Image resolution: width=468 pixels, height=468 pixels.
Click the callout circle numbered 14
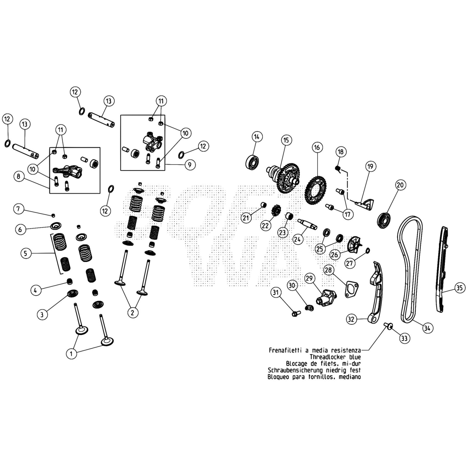(257, 137)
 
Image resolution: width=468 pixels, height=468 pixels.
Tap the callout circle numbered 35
(460, 288)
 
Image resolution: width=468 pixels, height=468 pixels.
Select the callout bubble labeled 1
(71, 354)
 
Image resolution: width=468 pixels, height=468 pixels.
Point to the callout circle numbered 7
(18, 209)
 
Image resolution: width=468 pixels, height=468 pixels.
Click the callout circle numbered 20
(400, 185)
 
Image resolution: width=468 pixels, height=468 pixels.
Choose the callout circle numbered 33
(404, 338)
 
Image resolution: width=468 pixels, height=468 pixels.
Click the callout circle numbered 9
(190, 165)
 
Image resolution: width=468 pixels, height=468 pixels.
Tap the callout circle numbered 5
(26, 253)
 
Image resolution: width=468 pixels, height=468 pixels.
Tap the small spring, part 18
(338, 169)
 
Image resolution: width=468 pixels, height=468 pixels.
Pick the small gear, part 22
(276, 210)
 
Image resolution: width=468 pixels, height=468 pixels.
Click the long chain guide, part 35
(442, 269)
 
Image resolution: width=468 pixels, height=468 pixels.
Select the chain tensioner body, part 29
(326, 298)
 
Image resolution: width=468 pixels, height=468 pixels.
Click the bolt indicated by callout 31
(295, 314)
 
